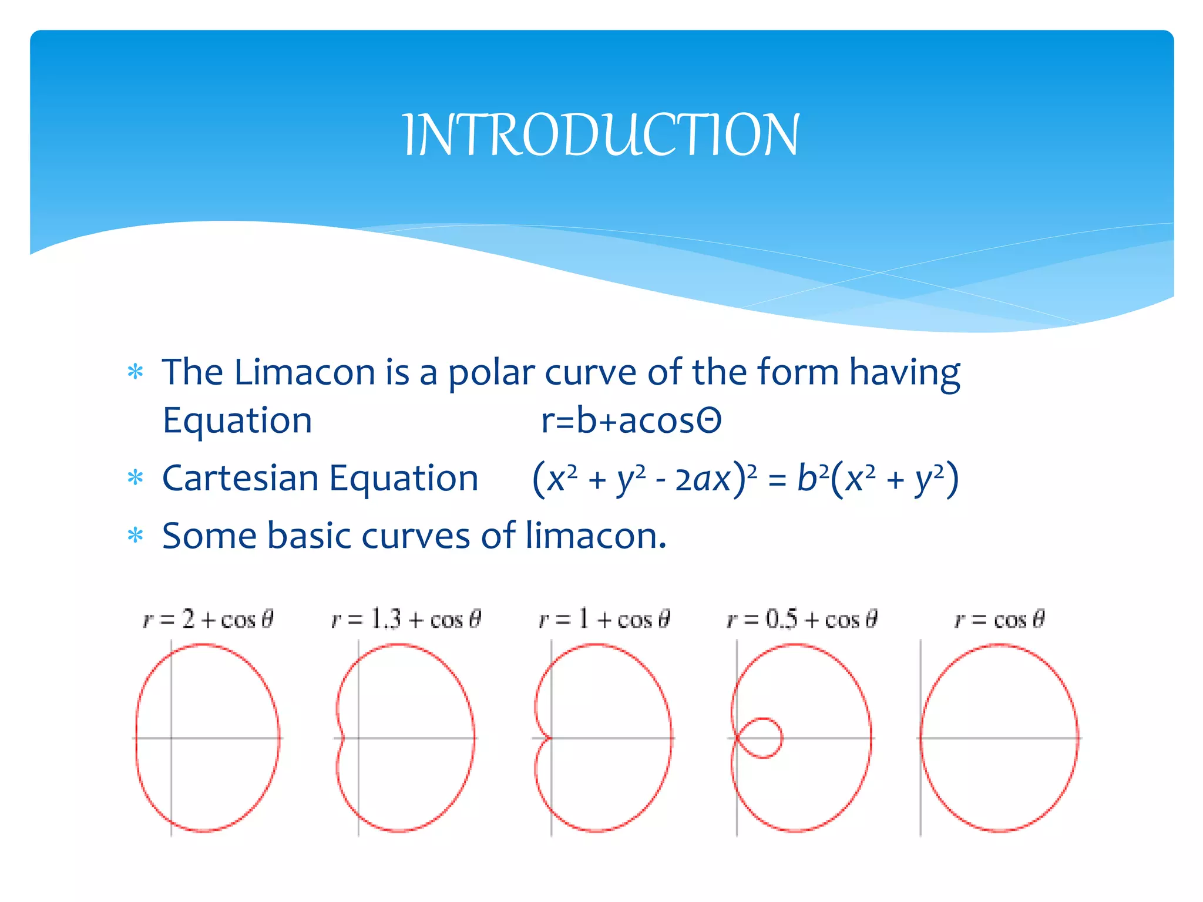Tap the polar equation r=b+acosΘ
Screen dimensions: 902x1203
click(x=631, y=420)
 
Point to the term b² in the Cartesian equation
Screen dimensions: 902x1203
click(x=813, y=477)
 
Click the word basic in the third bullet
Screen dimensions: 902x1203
click(x=309, y=536)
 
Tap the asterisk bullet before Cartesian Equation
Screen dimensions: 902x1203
click(x=136, y=478)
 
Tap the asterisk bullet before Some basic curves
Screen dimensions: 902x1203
click(x=136, y=536)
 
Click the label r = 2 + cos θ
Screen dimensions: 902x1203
click(x=208, y=620)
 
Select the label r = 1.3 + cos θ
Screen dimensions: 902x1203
click(x=406, y=620)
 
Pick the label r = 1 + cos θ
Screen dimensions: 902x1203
click(x=604, y=620)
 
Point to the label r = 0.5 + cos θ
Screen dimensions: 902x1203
click(x=802, y=620)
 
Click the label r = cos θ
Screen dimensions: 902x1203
click(x=999, y=620)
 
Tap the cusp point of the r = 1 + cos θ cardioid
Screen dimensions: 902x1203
click(x=550, y=738)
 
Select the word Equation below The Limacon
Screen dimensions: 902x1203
click(x=237, y=422)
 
